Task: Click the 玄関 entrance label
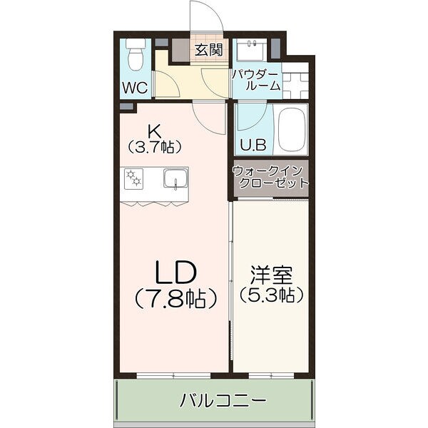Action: tap(209, 50)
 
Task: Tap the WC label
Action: tap(134, 88)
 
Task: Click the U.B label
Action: tap(251, 144)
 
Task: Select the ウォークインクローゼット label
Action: tap(270, 176)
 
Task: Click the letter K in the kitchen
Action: tap(153, 131)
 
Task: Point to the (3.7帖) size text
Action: tap(154, 147)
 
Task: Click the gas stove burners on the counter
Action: tap(134, 178)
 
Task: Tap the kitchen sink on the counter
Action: tap(174, 178)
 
